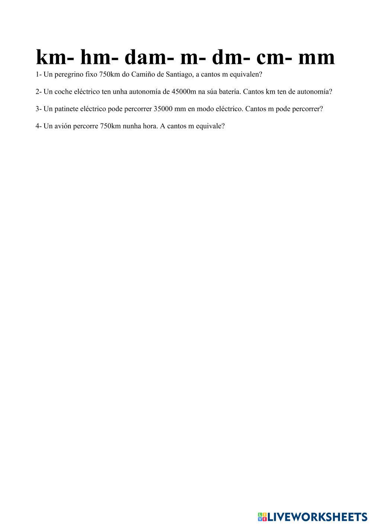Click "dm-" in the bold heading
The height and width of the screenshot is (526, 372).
pyautogui.click(x=228, y=58)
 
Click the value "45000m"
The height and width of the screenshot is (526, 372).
pyautogui.click(x=184, y=91)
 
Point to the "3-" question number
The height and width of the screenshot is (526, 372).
pyautogui.click(x=39, y=109)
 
